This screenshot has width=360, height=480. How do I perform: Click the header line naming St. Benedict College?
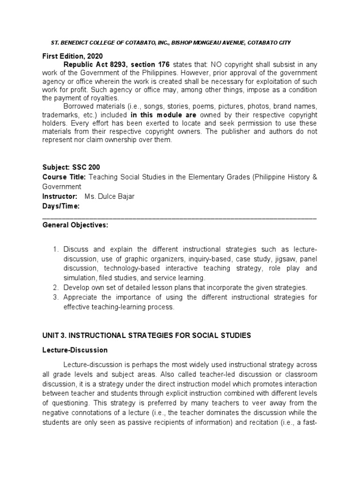point(170,43)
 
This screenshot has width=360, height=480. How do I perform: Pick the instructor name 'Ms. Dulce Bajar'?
point(109,196)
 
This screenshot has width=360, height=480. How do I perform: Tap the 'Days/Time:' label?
point(61,206)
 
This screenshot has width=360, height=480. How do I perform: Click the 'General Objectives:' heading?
point(75,225)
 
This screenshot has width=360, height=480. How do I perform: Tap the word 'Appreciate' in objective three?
point(81,297)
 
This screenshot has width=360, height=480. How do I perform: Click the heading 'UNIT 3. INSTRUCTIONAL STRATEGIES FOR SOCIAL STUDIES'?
point(147,335)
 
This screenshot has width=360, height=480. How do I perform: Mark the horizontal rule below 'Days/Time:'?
point(180,217)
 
